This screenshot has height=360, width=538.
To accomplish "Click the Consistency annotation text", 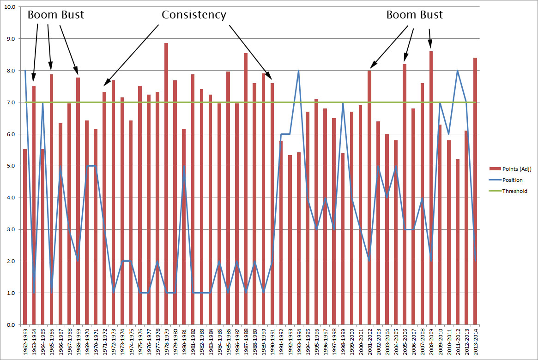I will click(x=193, y=15).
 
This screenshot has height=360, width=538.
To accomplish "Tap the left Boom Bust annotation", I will click(x=56, y=15).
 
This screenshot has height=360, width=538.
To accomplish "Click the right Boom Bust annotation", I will click(x=414, y=15).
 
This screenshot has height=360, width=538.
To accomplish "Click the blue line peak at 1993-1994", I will click(x=299, y=71).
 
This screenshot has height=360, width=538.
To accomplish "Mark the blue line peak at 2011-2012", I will click(x=457, y=71).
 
